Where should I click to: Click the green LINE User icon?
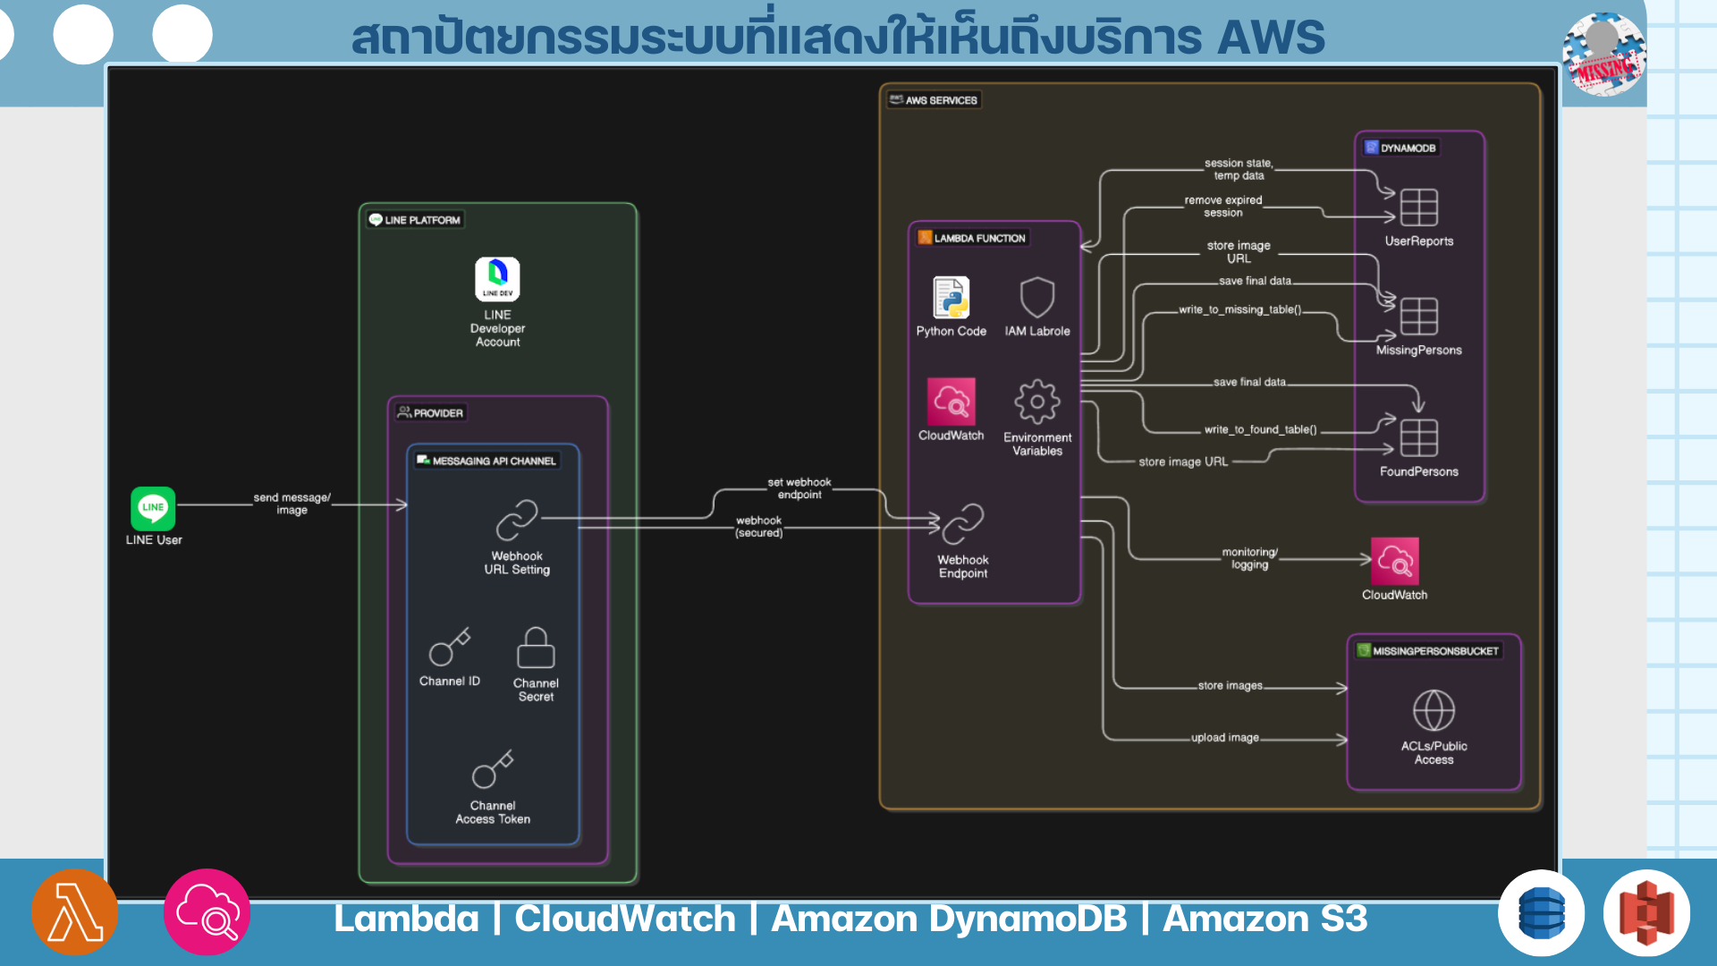point(153,508)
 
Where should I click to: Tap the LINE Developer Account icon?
point(497,279)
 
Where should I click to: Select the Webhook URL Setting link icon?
point(517,520)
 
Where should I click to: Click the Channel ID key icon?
point(449,647)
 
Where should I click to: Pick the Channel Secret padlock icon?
point(536,648)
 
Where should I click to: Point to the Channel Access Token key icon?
point(493,769)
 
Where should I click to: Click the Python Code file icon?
point(951,298)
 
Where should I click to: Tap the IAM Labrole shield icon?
point(1037,297)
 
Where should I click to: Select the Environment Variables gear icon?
point(1037,402)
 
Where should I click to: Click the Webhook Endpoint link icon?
point(963,524)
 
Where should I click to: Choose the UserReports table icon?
point(1418,208)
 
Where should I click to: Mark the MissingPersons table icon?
point(1418,317)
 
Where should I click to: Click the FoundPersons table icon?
point(1418,438)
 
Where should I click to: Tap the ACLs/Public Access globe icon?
point(1434,711)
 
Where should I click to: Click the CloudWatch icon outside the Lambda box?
point(1394,561)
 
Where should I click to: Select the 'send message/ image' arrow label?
point(292,504)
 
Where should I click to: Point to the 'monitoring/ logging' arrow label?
point(1249,558)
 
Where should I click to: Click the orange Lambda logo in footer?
point(75,912)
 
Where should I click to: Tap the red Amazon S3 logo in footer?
point(1646,913)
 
